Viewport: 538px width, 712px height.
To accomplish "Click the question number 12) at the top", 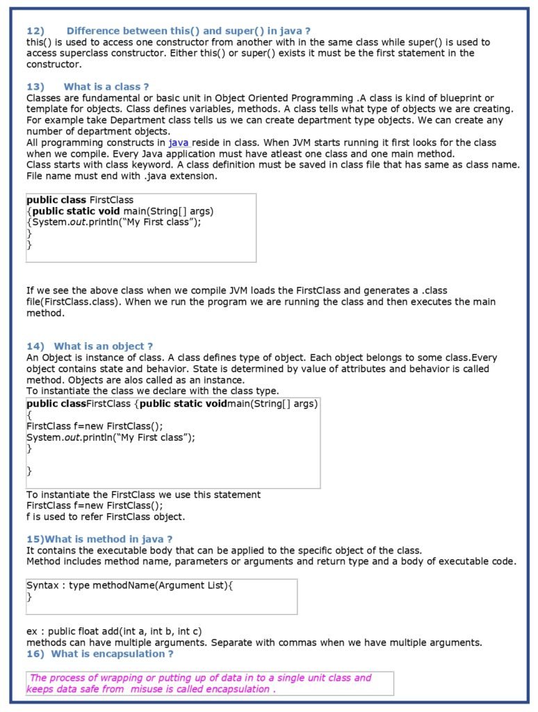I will pos(35,31).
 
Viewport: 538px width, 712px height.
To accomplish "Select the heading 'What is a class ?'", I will pos(106,87).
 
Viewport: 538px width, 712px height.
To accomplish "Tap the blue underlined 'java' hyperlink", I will pos(179,143).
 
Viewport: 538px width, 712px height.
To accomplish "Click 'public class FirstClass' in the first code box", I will pos(80,200).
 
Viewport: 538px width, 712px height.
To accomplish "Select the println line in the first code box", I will pos(116,222).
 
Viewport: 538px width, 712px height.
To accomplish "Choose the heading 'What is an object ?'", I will pos(103,346).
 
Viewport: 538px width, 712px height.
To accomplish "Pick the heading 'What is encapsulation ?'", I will pos(112,654).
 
